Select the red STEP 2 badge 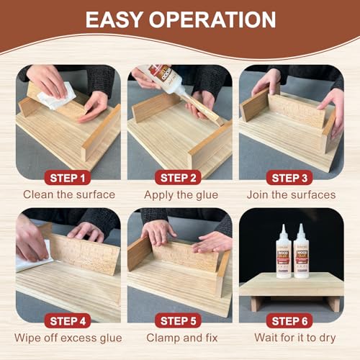coord(179,177)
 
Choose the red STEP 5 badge coord(179,321)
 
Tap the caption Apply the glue coord(179,194)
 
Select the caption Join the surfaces coord(290,194)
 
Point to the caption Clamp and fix coord(179,338)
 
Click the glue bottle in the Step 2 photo coord(165,80)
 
